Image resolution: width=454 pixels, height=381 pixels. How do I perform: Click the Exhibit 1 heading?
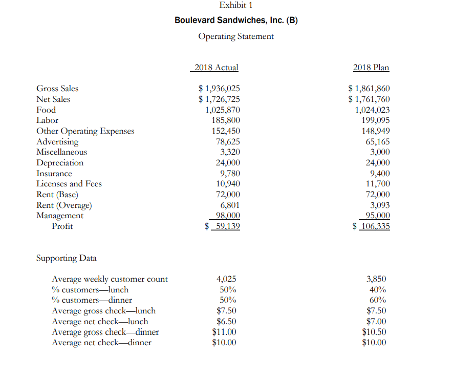[x=236, y=5]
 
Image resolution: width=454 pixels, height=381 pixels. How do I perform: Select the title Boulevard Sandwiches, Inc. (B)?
[x=236, y=20]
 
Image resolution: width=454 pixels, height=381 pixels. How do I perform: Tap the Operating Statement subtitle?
[x=236, y=36]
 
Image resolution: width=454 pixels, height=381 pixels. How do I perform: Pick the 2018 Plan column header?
[x=371, y=68]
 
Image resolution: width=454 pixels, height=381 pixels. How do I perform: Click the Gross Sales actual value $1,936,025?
[x=219, y=89]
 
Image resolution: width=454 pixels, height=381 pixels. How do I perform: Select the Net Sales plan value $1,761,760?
[x=369, y=99]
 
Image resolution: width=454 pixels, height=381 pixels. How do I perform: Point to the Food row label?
[x=46, y=110]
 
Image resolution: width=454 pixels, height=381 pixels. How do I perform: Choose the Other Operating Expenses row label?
[x=85, y=131]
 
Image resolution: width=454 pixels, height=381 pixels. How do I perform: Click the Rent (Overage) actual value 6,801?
[x=230, y=205]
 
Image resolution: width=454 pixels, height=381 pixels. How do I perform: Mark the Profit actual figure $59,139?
[x=223, y=226]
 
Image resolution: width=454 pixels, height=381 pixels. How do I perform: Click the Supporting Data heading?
[x=67, y=258]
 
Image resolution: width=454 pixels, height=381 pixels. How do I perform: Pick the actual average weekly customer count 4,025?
[x=227, y=279]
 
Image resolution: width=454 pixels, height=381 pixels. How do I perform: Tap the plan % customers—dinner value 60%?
[x=377, y=300]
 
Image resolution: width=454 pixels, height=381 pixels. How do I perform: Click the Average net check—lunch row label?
[x=100, y=322]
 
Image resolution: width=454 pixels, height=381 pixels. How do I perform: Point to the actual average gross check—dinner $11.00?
[x=224, y=332]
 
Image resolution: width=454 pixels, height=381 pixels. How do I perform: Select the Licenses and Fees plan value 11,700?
[x=378, y=184]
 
